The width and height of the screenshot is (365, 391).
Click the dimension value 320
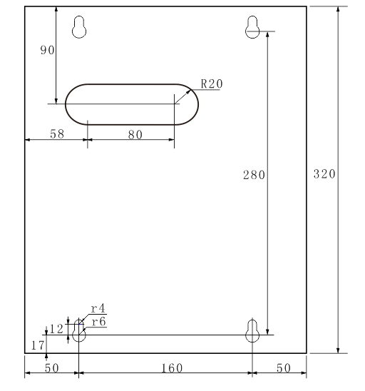tap(325, 175)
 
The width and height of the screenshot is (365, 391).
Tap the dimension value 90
tap(47, 51)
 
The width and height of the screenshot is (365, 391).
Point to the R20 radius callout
tap(211, 83)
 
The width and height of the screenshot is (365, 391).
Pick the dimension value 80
tap(135, 133)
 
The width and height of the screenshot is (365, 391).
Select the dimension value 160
tap(171, 367)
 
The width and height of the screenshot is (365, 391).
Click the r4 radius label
tap(98, 310)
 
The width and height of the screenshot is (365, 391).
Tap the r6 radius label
tap(98, 322)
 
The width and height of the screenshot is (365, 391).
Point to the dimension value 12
tap(57, 328)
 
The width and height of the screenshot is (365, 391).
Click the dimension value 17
tap(38, 345)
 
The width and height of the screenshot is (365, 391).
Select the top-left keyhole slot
tap(81, 26)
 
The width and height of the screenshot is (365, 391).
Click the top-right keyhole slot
tap(252, 26)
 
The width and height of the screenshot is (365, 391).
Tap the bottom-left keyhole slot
tap(78, 331)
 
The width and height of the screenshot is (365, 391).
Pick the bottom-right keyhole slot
tap(252, 330)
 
